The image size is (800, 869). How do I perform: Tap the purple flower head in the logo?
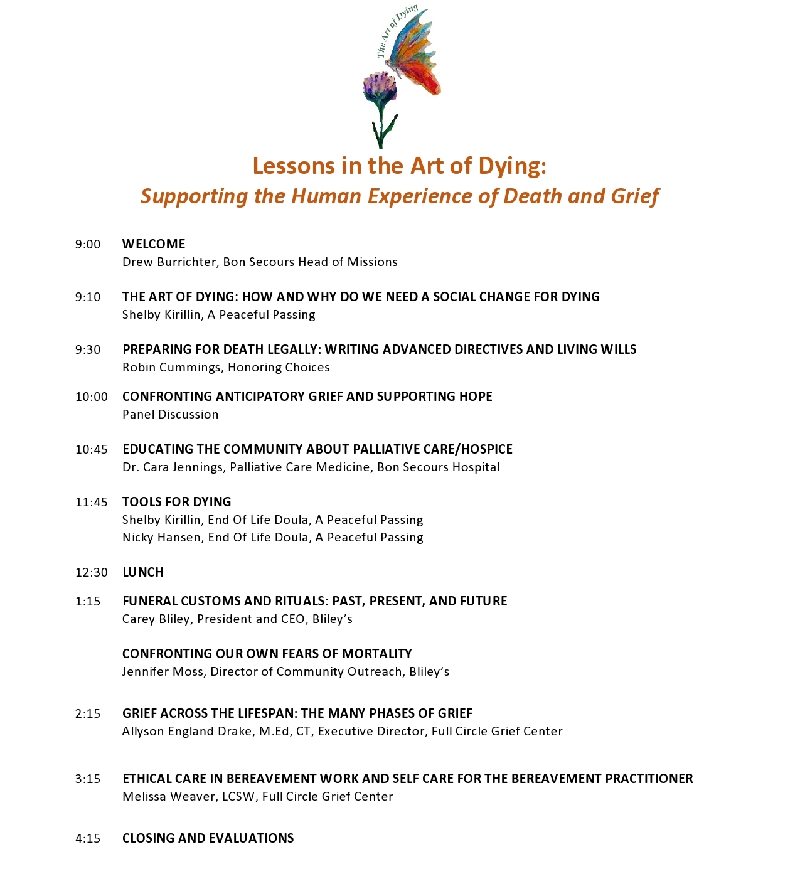[380, 88]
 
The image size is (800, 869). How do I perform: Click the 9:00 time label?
[88, 245]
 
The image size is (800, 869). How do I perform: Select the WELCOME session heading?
[154, 244]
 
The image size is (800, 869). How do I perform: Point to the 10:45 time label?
[92, 449]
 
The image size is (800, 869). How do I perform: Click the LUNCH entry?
[143, 572]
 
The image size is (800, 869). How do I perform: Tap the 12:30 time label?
[92, 572]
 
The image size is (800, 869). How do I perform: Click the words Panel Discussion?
[171, 415]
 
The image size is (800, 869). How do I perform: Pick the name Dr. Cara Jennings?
[173, 467]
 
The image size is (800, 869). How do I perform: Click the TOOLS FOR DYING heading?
[177, 502]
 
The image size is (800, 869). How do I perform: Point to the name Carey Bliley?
[156, 619]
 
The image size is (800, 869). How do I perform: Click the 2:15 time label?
[88, 713]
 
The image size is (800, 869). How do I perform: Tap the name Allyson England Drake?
[187, 732]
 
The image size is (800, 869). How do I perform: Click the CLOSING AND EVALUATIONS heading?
[208, 838]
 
